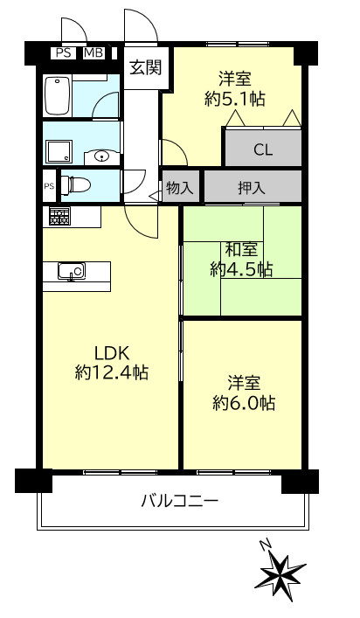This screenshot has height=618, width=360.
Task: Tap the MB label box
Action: coord(93,53)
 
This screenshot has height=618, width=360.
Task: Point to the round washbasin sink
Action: coord(101,157)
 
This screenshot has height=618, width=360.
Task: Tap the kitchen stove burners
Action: coord(59,217)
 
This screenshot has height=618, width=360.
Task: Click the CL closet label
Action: coord(263,149)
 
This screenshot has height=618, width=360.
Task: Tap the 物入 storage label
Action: coord(180,186)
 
